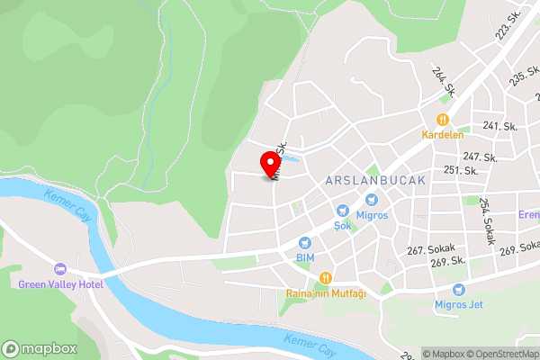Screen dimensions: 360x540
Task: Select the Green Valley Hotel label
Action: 61,284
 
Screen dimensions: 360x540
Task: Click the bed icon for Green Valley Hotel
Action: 61,269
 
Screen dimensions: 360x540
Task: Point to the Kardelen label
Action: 442,135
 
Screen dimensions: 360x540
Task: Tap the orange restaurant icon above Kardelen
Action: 442,120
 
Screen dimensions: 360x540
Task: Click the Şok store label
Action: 342,225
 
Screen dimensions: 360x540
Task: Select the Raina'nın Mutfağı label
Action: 326,293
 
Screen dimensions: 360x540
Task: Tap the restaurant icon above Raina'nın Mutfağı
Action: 326,278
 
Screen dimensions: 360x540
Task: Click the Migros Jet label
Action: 459,304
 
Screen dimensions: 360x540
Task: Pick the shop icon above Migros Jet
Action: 459,289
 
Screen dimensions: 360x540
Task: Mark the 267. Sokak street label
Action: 427,250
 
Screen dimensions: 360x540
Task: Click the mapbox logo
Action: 40,348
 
